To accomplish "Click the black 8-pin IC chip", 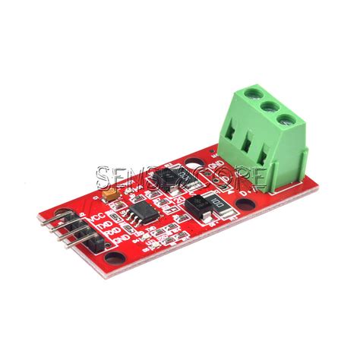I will (141, 209).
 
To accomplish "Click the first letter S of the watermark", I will (104, 179).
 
